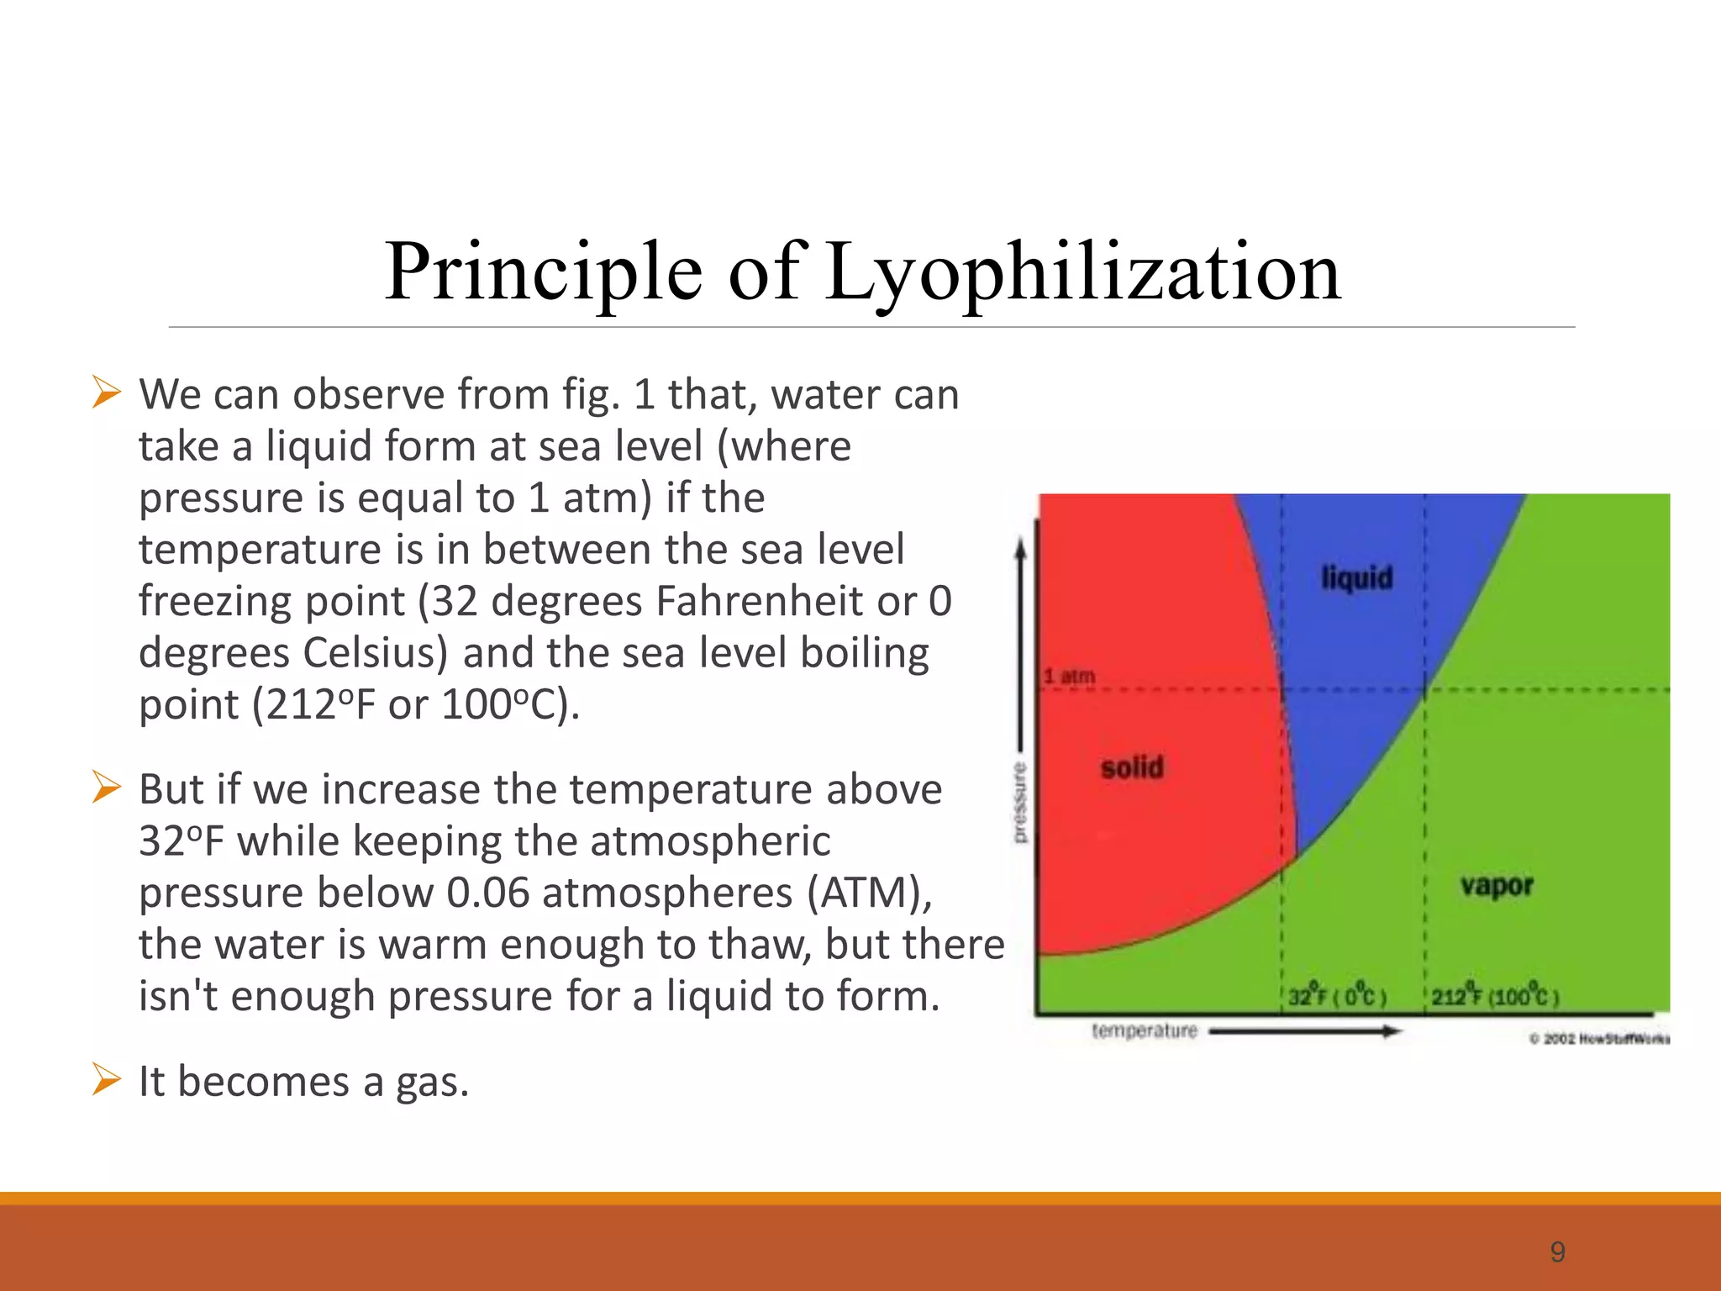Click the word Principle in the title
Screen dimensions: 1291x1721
[543, 273]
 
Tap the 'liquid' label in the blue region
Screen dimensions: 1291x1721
[1356, 578]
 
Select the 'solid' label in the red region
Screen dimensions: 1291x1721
[1132, 767]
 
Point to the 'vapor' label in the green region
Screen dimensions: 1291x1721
[1497, 885]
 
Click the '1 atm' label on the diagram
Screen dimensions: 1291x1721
[1069, 676]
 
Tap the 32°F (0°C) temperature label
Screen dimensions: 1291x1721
[1336, 997]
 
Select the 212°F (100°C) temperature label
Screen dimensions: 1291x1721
[1495, 997]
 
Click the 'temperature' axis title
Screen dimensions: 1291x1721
[1144, 1030]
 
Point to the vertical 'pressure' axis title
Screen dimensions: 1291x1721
[1019, 803]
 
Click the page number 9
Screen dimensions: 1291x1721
[1557, 1252]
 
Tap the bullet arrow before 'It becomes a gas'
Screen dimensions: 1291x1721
[107, 1079]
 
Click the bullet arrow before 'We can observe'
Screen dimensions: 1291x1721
[107, 393]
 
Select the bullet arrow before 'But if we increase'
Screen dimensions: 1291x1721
[107, 788]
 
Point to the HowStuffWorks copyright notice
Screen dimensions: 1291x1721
[1599, 1039]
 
